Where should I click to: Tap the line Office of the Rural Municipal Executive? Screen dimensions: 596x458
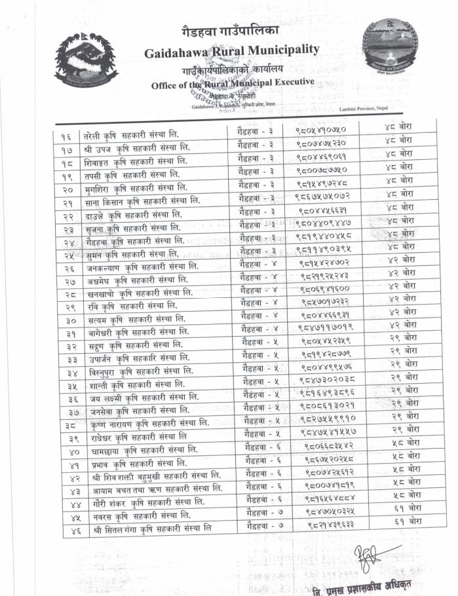(x=233, y=84)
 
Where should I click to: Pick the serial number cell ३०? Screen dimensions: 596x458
(x=72, y=321)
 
